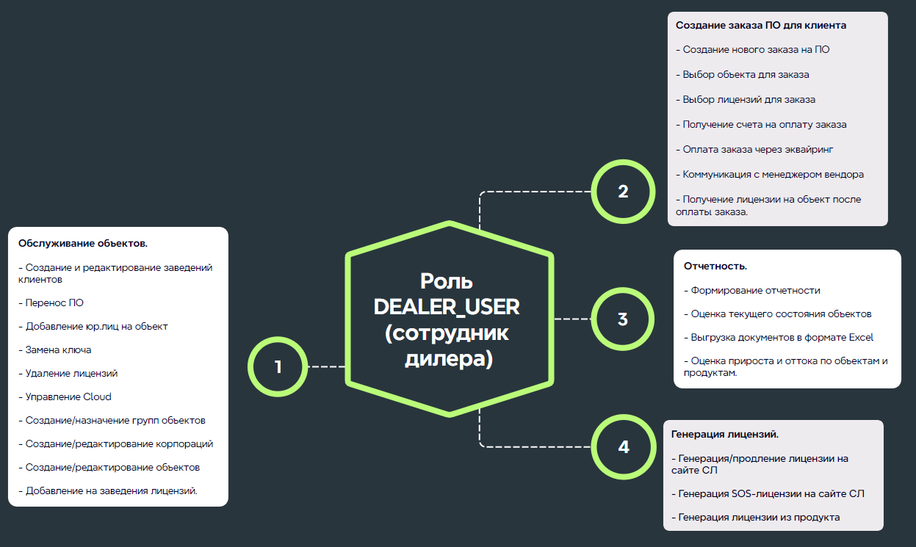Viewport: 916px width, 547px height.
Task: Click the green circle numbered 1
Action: pyautogui.click(x=278, y=366)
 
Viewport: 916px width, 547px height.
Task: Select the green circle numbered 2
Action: pyautogui.click(x=623, y=192)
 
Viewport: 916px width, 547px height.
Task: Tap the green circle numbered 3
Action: pyautogui.click(x=622, y=319)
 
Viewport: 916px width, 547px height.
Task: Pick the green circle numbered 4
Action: pyautogui.click(x=623, y=446)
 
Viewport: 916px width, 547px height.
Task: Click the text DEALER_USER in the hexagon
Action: pyautogui.click(x=447, y=307)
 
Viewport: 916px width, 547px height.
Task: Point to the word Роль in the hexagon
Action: pyautogui.click(x=447, y=281)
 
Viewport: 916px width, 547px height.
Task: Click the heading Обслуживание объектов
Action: pyautogui.click(x=82, y=243)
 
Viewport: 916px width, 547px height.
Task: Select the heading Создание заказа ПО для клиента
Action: pyautogui.click(x=761, y=25)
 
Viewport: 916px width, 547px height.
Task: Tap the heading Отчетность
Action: pyautogui.click(x=715, y=266)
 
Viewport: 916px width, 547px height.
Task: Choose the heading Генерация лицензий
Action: pyautogui.click(x=725, y=434)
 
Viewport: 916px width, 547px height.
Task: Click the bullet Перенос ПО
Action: pyautogui.click(x=54, y=303)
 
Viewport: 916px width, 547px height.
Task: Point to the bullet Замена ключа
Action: pyautogui.click(x=58, y=349)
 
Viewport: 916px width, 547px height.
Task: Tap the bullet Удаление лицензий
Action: pyautogui.click(x=71, y=373)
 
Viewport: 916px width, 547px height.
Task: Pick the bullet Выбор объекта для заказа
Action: pyautogui.click(x=746, y=74)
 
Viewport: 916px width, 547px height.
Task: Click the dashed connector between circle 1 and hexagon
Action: pyautogui.click(x=326, y=366)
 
